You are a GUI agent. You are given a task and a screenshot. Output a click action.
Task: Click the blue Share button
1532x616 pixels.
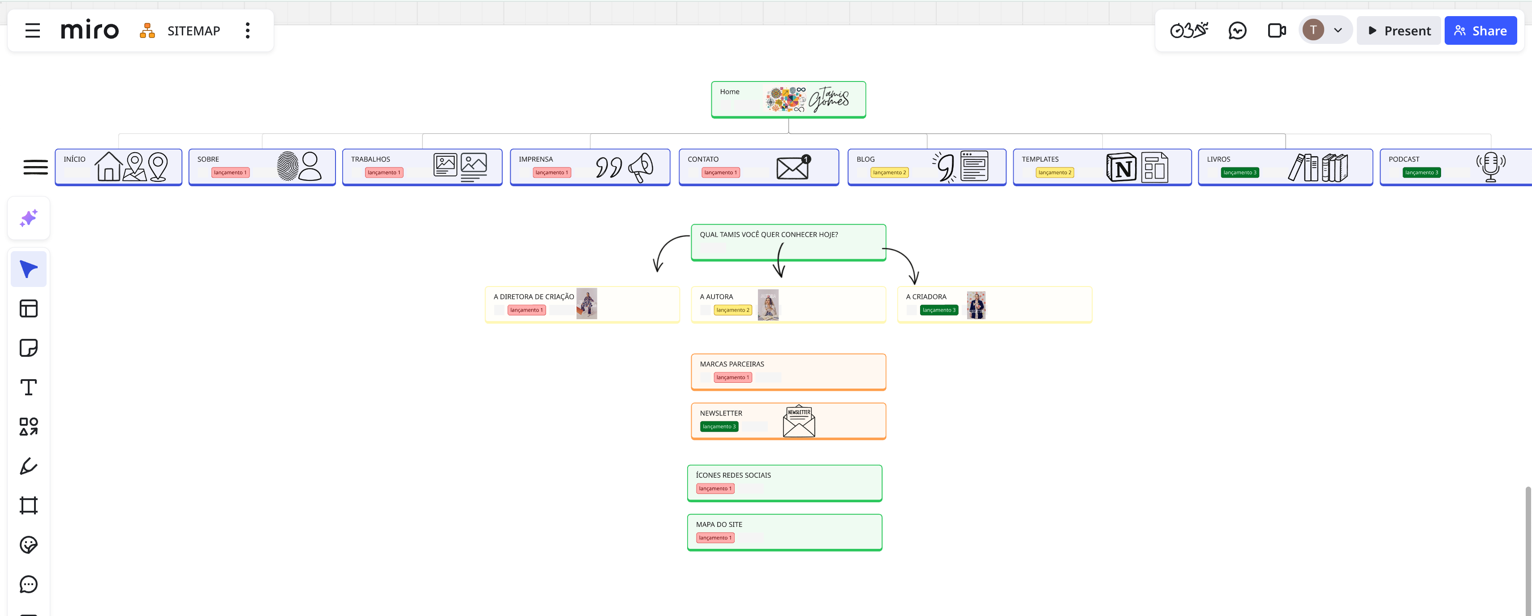tap(1480, 31)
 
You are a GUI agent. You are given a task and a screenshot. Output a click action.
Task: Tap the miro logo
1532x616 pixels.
tap(90, 30)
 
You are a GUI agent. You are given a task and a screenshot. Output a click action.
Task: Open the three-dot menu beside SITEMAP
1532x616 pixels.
tap(247, 31)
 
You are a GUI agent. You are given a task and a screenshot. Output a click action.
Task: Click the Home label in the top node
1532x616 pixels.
tap(730, 92)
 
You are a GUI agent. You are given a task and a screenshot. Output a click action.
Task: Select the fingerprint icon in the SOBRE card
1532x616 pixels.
tap(288, 167)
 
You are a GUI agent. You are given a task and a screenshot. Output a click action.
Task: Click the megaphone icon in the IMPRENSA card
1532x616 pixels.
tap(641, 167)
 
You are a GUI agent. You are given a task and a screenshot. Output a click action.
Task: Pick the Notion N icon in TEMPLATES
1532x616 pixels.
tap(1121, 168)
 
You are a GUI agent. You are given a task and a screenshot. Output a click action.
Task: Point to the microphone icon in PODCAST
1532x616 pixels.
tap(1490, 167)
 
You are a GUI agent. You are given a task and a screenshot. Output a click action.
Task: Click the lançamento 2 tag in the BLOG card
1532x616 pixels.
tap(889, 172)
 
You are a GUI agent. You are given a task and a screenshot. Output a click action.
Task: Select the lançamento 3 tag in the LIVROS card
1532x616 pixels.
tap(1239, 172)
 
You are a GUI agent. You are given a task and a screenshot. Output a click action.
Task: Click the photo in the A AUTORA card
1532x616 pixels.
tap(768, 305)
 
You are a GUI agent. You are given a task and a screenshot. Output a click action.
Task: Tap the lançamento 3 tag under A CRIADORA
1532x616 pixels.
tap(938, 310)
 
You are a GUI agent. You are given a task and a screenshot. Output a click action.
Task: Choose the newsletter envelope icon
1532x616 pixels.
tap(799, 422)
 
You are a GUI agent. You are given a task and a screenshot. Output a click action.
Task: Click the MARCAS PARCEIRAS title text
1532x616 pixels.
tap(732, 364)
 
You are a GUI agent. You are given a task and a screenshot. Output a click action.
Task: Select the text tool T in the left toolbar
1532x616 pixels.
tap(29, 388)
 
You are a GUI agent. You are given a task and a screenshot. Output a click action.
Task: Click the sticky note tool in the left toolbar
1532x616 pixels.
tap(29, 348)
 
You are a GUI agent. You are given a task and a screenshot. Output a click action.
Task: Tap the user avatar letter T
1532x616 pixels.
tap(1313, 30)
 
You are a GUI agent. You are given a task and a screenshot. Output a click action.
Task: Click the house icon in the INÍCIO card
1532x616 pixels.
tap(108, 167)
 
